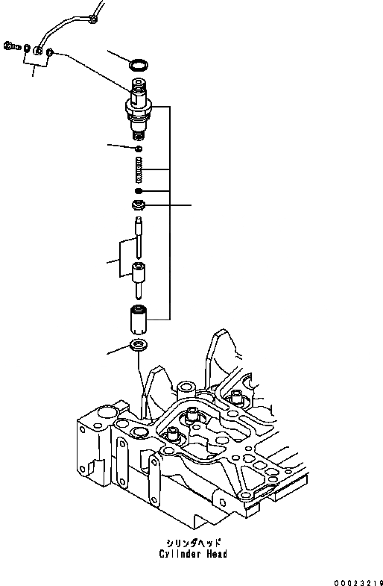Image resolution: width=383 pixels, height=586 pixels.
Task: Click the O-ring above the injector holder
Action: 139,65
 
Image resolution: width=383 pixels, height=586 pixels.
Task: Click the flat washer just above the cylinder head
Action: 139,346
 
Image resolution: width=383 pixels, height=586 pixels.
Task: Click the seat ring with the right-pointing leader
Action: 139,205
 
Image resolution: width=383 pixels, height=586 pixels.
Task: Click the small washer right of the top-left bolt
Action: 27,49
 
